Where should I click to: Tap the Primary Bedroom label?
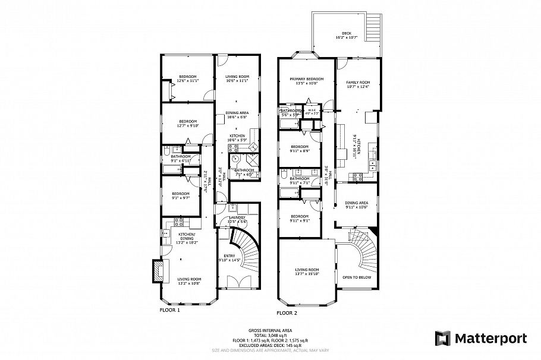[307, 79]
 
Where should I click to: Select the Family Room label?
[358, 83]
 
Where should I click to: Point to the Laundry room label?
[237, 219]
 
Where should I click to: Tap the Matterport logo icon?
[443, 338]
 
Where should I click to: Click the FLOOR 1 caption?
[169, 310]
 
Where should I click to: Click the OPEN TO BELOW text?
[357, 277]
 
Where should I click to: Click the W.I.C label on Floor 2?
[312, 110]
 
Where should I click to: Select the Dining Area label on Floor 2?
[357, 203]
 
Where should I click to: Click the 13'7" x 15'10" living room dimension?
[307, 274]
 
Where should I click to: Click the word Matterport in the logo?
[490, 338]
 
